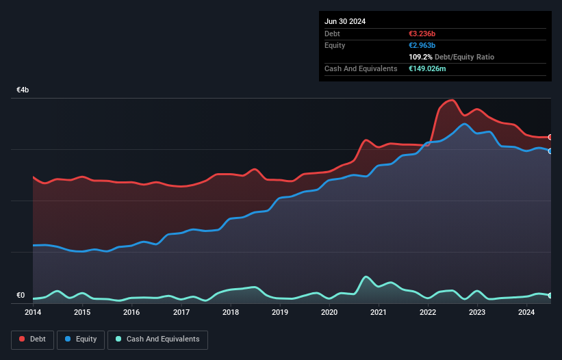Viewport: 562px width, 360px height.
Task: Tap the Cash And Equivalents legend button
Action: click(x=157, y=339)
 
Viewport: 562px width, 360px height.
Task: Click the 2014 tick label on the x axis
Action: click(x=33, y=313)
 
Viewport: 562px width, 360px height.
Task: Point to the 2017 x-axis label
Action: click(x=181, y=313)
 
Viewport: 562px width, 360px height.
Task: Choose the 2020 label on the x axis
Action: click(x=329, y=313)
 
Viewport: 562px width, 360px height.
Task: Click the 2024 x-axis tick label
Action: click(x=526, y=313)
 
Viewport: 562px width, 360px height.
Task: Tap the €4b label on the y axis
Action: click(x=23, y=90)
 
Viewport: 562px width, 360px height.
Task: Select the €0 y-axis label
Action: click(x=21, y=296)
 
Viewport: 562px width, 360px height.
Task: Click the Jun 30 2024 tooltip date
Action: click(x=345, y=21)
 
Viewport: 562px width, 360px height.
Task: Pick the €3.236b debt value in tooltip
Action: click(x=422, y=34)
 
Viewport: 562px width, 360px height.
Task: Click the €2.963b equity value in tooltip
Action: click(x=422, y=45)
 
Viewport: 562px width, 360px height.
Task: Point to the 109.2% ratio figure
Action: click(x=420, y=57)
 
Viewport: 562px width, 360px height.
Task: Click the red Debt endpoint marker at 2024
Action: click(x=550, y=137)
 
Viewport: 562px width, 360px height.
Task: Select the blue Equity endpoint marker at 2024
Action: click(x=550, y=151)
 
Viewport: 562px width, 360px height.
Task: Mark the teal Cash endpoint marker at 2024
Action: click(x=550, y=295)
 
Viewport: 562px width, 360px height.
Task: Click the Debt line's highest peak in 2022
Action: click(x=450, y=100)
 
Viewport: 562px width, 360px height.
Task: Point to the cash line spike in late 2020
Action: click(x=366, y=277)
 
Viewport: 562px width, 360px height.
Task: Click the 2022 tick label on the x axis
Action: click(x=428, y=313)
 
